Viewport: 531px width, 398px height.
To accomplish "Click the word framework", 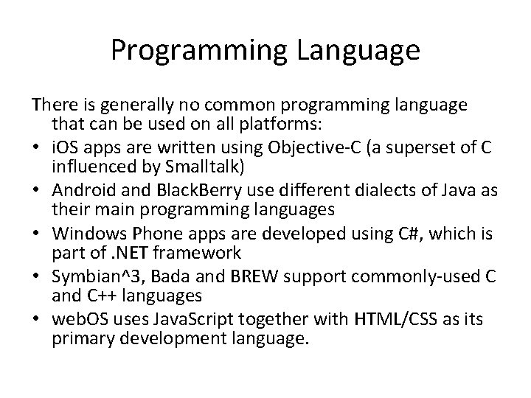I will click(197, 254).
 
